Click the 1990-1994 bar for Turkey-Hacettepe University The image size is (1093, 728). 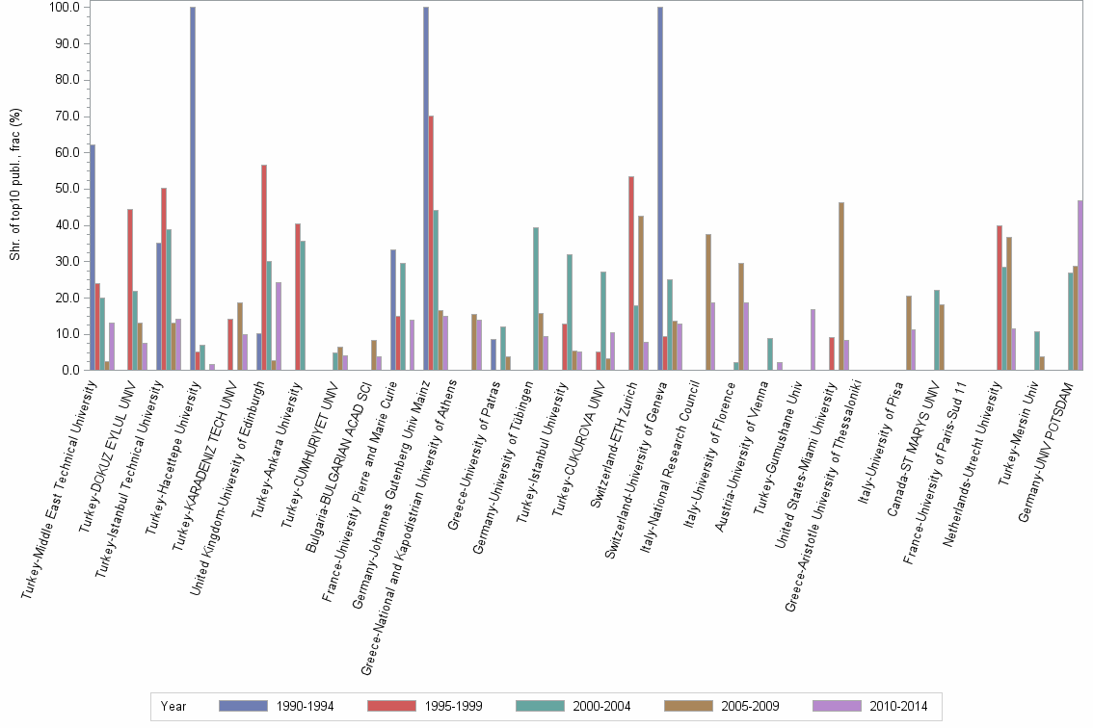[x=193, y=189]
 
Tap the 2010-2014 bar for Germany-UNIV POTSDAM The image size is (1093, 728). [x=1080, y=285]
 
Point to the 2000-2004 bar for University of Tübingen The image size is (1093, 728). [x=536, y=299]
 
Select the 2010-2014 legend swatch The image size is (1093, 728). [x=837, y=706]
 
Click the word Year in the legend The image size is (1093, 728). [x=173, y=706]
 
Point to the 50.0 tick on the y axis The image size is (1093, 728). [x=68, y=189]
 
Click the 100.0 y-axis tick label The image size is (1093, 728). [x=67, y=8]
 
